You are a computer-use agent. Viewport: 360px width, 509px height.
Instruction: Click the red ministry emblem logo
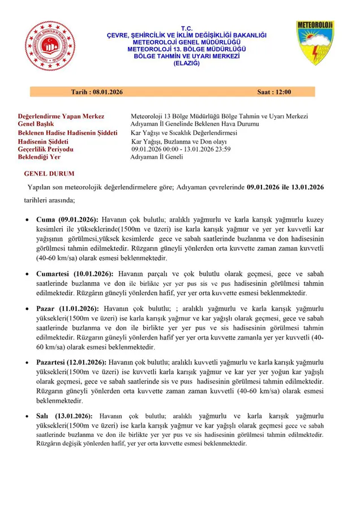tap(50, 46)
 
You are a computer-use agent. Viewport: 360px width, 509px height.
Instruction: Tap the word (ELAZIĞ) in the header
tap(187, 63)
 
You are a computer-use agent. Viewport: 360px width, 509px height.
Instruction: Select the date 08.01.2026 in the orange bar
tap(105, 92)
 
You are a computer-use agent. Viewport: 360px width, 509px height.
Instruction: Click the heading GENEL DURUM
tap(49, 174)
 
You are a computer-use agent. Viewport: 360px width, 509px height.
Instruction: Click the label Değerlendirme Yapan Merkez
tap(61, 117)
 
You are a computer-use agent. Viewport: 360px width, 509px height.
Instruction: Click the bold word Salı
tap(44, 416)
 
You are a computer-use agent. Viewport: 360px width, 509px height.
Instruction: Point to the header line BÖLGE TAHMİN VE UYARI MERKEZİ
tap(187, 56)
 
